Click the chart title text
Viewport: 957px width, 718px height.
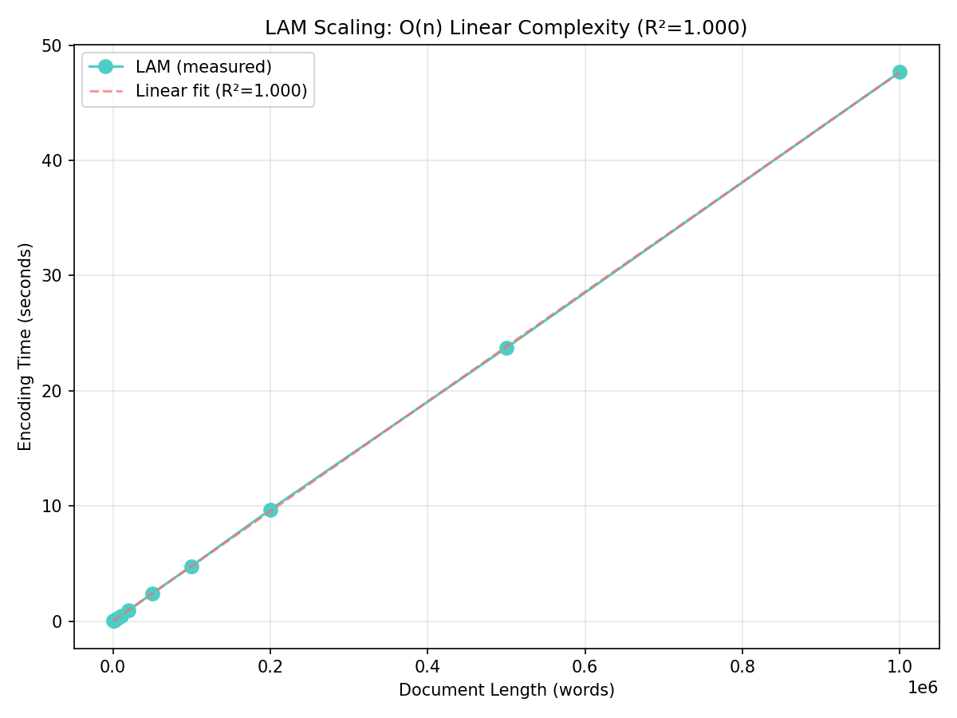tap(506, 28)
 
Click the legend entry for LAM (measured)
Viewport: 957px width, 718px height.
tap(203, 66)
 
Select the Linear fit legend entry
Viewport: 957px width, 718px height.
tap(221, 91)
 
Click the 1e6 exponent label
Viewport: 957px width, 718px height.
tap(923, 688)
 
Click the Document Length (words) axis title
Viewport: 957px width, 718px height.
tap(506, 690)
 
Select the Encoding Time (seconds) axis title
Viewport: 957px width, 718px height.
tap(26, 346)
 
